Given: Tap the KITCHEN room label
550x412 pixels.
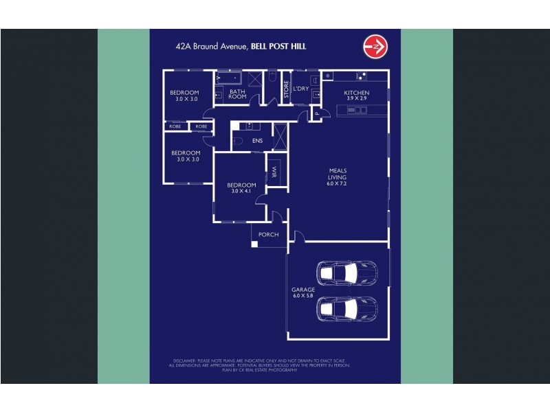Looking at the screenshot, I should (x=357, y=93).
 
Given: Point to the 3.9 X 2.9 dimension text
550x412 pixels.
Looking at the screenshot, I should (x=357, y=99).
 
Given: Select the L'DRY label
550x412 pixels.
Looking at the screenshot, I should (x=300, y=89).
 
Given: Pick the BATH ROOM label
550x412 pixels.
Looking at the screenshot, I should (x=238, y=94).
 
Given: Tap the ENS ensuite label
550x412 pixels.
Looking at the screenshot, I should (x=257, y=141).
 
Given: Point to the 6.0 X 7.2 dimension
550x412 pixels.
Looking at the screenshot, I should (x=337, y=184).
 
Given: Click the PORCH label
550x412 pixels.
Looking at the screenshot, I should (x=268, y=235).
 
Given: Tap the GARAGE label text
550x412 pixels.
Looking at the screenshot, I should (x=303, y=290).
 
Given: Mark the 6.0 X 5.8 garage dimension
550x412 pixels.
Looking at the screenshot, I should (x=303, y=296).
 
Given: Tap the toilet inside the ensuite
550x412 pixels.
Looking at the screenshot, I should (x=237, y=141).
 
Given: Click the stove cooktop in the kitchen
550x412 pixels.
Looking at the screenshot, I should (x=327, y=76).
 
